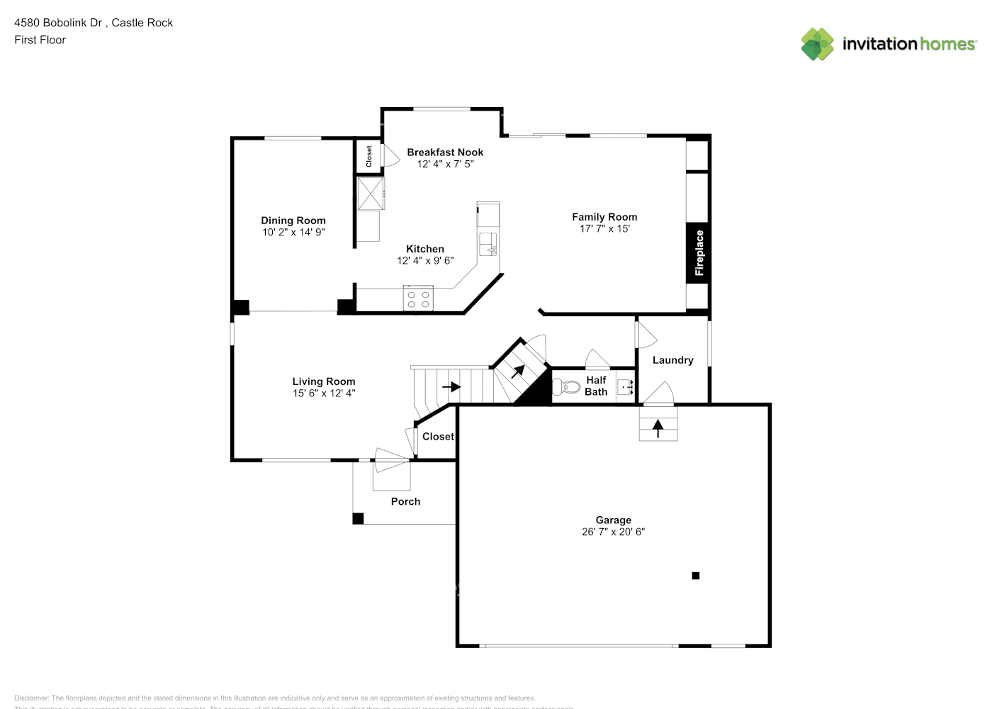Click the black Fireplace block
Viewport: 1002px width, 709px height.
(x=698, y=253)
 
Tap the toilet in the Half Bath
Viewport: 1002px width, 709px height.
(x=568, y=387)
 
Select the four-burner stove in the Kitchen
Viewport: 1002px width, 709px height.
(x=417, y=298)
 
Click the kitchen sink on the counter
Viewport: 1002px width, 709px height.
(x=488, y=243)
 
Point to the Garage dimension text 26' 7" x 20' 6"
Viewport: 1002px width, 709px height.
(x=613, y=532)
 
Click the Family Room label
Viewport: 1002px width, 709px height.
(x=604, y=217)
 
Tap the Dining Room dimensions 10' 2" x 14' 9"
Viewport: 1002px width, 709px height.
(x=293, y=232)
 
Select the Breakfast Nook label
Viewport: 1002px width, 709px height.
(x=445, y=152)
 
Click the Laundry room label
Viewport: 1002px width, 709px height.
(x=672, y=360)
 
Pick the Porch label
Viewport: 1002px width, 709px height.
(x=405, y=501)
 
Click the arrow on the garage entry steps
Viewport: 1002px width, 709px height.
(x=658, y=428)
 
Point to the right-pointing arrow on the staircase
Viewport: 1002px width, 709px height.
(x=451, y=387)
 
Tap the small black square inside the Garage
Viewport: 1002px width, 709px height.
(x=696, y=576)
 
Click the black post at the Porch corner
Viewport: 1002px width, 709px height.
(x=358, y=518)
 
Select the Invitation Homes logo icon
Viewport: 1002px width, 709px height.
(x=817, y=44)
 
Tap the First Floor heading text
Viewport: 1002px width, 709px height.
(x=40, y=40)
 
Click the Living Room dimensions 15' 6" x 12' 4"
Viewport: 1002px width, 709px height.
(x=324, y=393)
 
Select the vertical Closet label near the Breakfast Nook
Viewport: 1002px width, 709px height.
(x=368, y=156)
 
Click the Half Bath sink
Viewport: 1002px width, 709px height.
(x=624, y=387)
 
